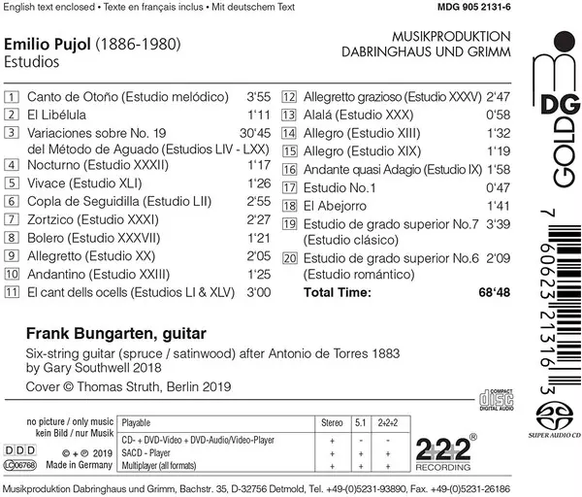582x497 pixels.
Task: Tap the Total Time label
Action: point(338,291)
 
